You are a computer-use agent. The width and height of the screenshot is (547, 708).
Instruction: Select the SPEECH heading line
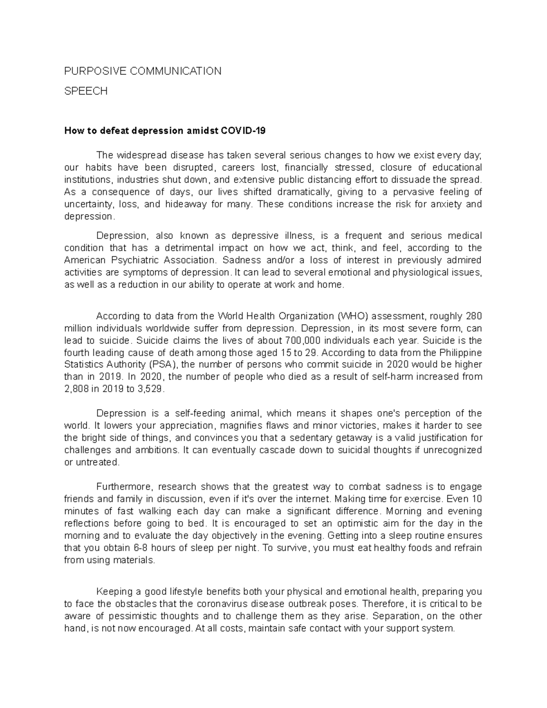coord(86,91)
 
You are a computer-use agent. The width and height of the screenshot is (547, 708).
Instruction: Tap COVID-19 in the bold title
coord(243,131)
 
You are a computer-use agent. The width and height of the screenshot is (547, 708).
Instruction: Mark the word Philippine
coord(460,353)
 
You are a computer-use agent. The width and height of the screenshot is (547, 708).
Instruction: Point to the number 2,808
coord(77,389)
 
